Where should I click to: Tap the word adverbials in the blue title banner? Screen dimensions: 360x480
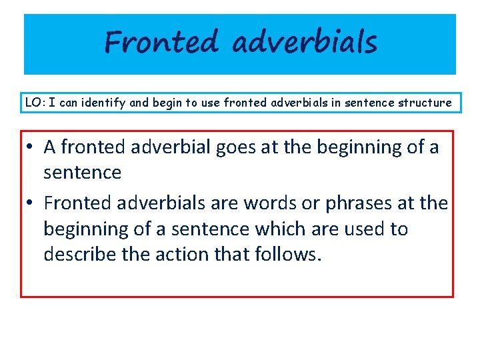[305, 43]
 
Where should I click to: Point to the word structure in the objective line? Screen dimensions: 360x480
[425, 103]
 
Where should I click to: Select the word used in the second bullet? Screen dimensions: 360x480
[367, 229]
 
